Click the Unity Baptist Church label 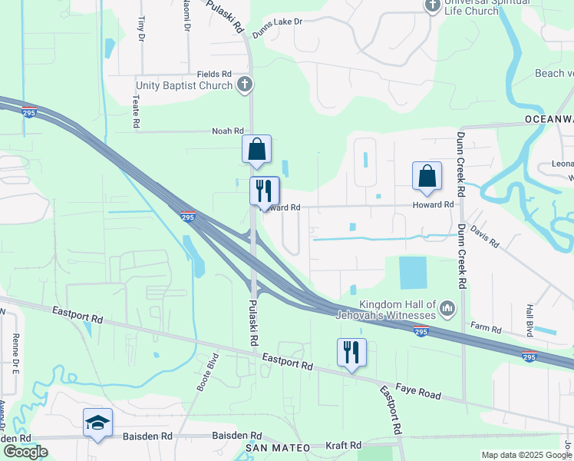[x=184, y=85]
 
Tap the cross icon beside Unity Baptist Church [x=245, y=85]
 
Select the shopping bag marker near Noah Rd [x=256, y=149]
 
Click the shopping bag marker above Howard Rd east [x=427, y=176]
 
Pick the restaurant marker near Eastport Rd [x=351, y=353]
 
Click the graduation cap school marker [x=98, y=422]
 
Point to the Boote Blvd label [x=208, y=372]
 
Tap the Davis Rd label [x=485, y=238]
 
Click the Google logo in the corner [x=25, y=452]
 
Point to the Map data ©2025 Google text [x=526, y=455]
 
